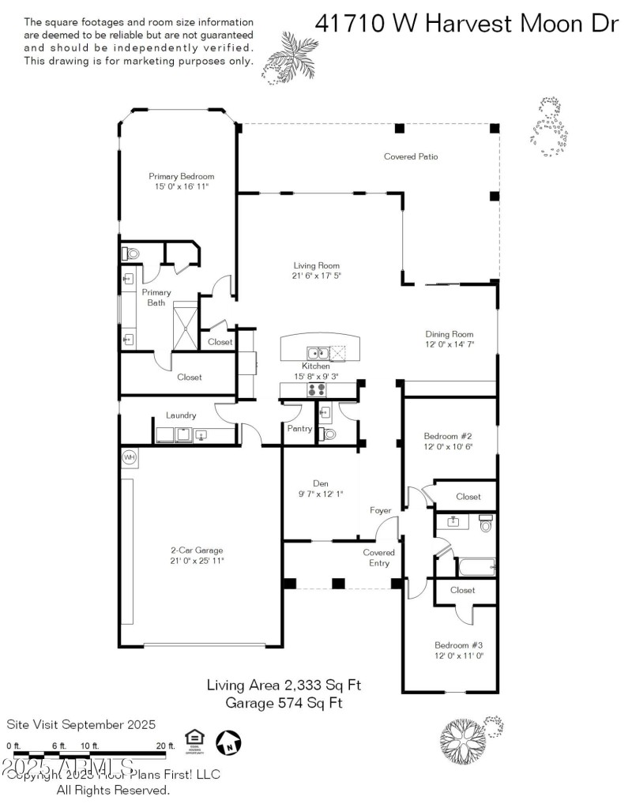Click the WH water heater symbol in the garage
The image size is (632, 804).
coord(129,457)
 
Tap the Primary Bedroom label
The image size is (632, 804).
coord(182,176)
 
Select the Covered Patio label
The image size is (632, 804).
coord(411,156)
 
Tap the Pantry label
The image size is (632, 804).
coord(299,429)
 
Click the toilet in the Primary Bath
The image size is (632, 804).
coord(130,254)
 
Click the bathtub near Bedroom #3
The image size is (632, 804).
coord(475,567)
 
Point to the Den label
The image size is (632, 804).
coord(320,483)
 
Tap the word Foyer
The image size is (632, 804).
coord(381,511)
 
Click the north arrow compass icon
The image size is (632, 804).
coord(228,741)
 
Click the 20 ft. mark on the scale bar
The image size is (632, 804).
coord(165,746)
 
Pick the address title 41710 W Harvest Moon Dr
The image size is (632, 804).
coord(466,24)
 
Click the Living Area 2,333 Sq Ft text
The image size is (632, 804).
coord(284,685)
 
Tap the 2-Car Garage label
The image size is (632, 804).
coord(197,550)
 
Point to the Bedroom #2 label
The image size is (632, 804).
coord(448,436)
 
